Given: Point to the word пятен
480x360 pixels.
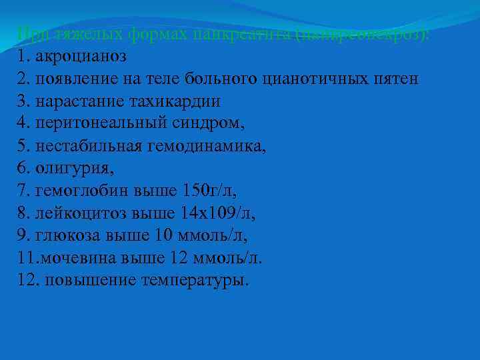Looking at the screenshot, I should (x=398, y=78).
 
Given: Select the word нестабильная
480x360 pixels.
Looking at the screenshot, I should (x=84, y=146).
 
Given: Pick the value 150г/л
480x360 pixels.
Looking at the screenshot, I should (x=209, y=191).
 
